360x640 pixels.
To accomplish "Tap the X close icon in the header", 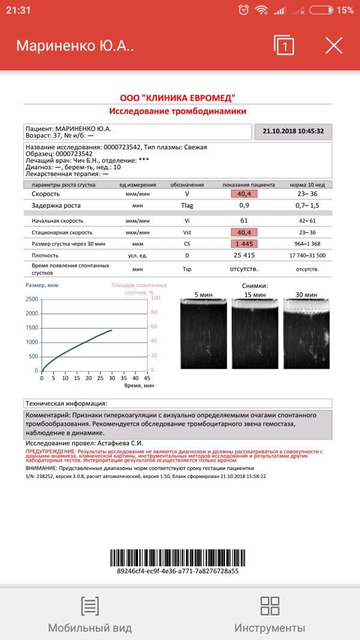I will pyautogui.click(x=334, y=46).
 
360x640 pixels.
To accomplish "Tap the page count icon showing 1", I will pyautogui.click(x=284, y=46).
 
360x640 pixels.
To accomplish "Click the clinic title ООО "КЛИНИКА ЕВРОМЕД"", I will pyautogui.click(x=178, y=98).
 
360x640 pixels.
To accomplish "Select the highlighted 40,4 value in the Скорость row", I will pyautogui.click(x=244, y=195).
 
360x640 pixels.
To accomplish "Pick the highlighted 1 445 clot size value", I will pyautogui.click(x=244, y=244).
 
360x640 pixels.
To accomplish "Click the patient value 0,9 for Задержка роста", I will pyautogui.click(x=244, y=206).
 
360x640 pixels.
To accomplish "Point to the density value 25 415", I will pyautogui.click(x=244, y=255).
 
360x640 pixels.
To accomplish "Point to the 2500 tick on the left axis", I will pyautogui.click(x=32, y=299).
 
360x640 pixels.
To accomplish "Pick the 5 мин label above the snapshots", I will pyautogui.click(x=204, y=295).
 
